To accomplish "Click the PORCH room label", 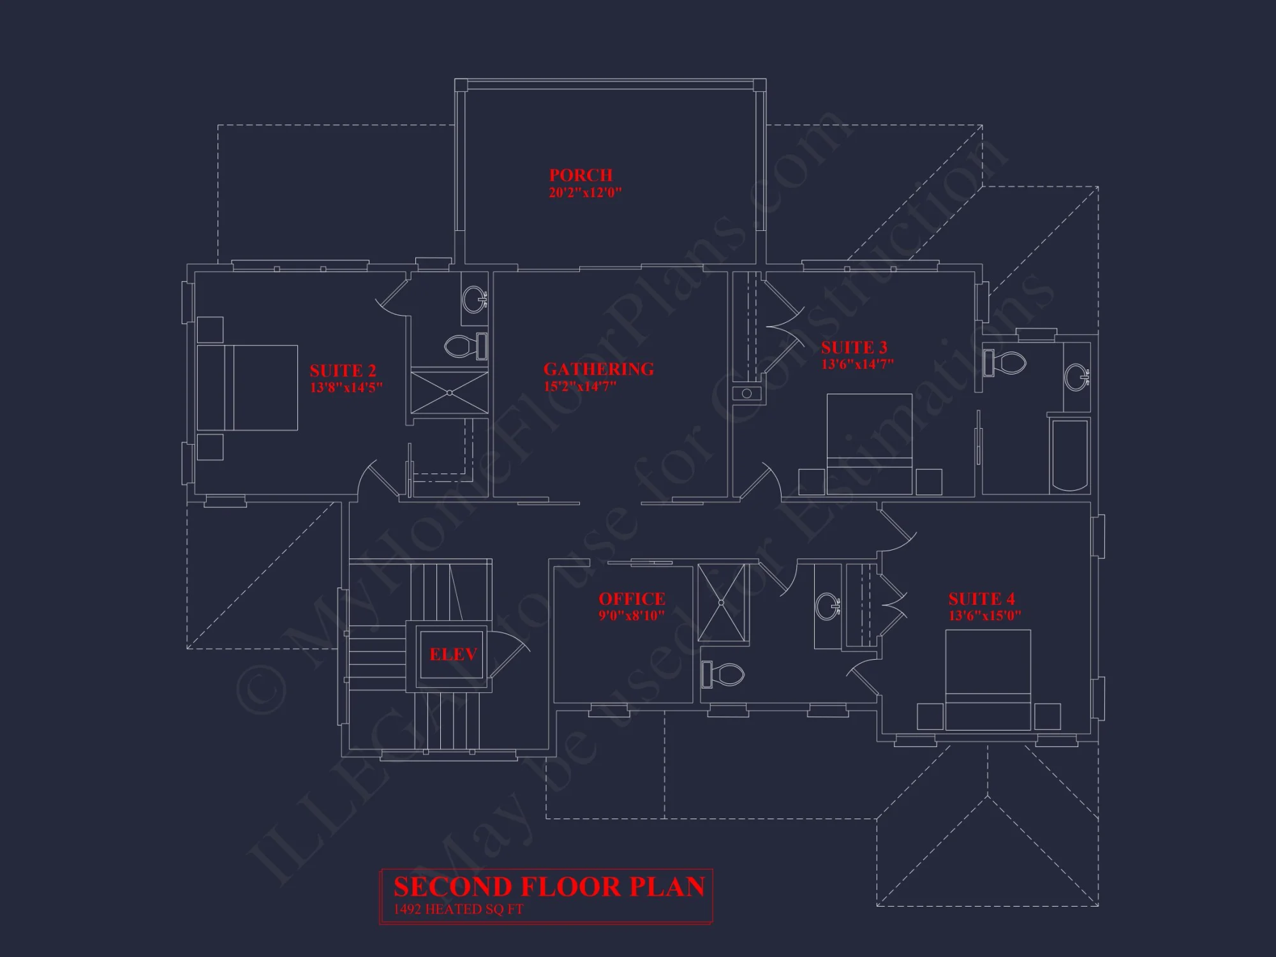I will tap(581, 175).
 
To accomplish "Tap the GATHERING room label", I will tap(598, 369).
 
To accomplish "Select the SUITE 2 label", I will tap(343, 371).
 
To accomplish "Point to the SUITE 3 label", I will tap(854, 348).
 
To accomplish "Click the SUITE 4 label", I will tap(981, 599).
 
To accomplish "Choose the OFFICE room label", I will tap(632, 599).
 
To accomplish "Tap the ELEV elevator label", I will tap(453, 654).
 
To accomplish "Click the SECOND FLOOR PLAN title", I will tap(549, 887).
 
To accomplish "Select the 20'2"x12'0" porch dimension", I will tap(585, 192).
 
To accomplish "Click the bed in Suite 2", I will tap(248, 387).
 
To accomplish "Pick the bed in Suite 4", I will tap(988, 679).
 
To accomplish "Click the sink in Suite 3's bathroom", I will tap(1077, 376).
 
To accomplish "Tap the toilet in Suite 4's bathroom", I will tap(724, 674).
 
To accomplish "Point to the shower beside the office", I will tap(722, 602).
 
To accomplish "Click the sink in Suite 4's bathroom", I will tap(827, 604).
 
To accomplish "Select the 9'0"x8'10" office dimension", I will tap(632, 616).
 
